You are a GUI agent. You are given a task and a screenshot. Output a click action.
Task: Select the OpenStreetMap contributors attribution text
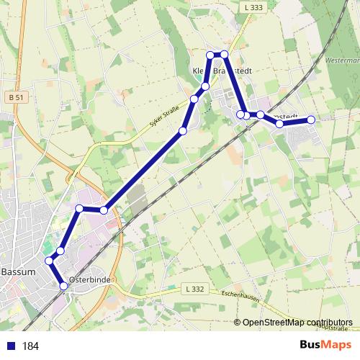(x=297, y=322)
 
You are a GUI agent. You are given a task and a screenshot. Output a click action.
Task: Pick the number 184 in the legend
(x=30, y=346)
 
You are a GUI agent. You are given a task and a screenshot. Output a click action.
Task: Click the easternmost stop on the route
(x=311, y=120)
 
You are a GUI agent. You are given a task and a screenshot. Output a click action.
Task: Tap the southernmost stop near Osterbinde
(x=63, y=286)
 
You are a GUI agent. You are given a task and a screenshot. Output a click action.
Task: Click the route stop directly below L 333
(x=225, y=55)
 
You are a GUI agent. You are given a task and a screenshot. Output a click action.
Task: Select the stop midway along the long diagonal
(x=183, y=130)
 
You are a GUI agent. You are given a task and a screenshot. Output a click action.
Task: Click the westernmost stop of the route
(x=50, y=261)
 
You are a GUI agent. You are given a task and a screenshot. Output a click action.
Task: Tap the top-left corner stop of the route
(x=210, y=55)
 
